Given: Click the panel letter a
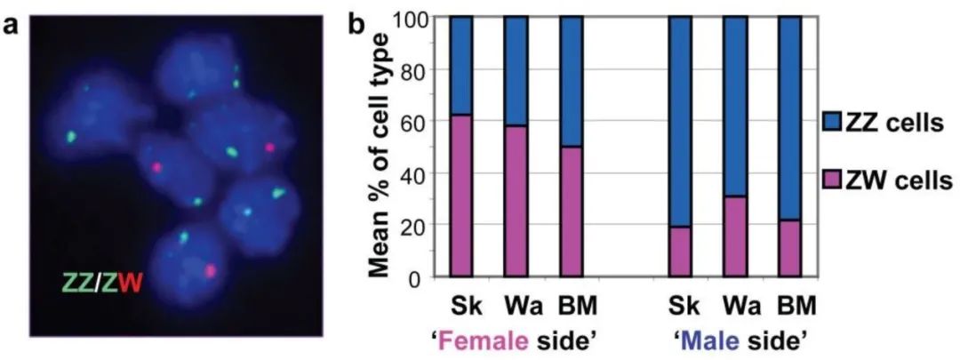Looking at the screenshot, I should pos(12,26).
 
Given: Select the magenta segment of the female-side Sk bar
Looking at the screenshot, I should pos(460,196).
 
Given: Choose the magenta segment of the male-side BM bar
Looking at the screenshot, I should pos(789,248).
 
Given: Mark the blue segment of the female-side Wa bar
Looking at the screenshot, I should pos(516,71).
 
